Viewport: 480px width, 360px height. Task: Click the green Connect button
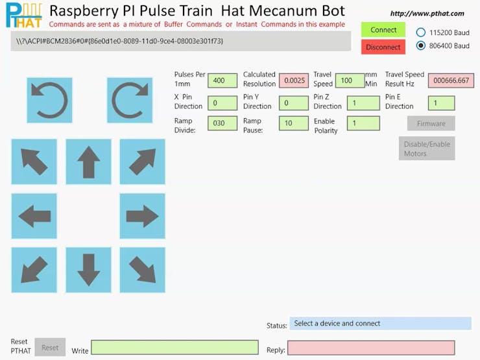click(x=383, y=30)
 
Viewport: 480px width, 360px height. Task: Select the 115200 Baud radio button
click(x=421, y=32)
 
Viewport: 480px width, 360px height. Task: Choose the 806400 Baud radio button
click(x=421, y=45)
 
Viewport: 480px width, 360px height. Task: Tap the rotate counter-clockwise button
click(x=49, y=100)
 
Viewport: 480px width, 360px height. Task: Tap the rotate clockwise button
click(x=130, y=100)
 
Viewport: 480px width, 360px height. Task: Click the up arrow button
click(x=88, y=162)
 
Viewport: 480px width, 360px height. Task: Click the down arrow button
click(x=88, y=269)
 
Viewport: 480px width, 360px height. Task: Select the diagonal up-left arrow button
click(x=34, y=162)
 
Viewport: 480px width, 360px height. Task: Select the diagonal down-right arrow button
click(x=142, y=269)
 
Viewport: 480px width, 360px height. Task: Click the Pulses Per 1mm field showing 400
click(x=222, y=80)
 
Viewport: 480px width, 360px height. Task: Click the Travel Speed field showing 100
click(x=350, y=80)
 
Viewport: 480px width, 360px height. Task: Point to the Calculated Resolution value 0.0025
click(x=294, y=80)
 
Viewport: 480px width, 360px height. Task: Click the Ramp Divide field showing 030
click(x=222, y=123)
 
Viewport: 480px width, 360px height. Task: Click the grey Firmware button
click(x=431, y=123)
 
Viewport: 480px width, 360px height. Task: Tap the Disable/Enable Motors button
click(x=426, y=149)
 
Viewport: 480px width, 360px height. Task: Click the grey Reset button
click(x=50, y=348)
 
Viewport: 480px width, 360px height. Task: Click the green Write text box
click(x=174, y=348)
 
